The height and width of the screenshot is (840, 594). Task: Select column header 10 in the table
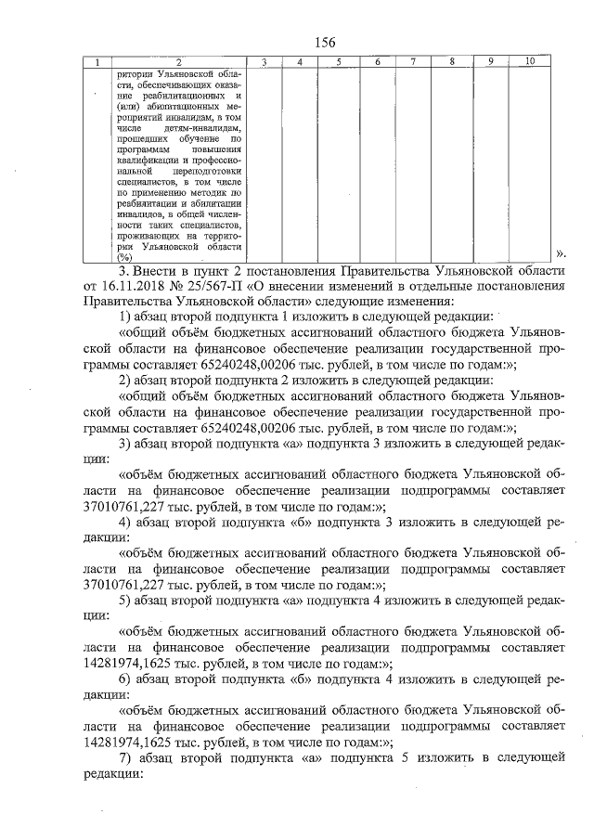(528, 62)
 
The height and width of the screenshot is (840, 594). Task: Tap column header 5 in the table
(339, 62)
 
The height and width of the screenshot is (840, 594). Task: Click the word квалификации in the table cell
(144, 160)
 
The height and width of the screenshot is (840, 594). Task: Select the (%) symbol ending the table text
(125, 258)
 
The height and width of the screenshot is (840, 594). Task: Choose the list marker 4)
(130, 523)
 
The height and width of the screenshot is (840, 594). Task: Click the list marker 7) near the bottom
(130, 759)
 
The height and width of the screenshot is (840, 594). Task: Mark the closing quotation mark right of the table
(560, 252)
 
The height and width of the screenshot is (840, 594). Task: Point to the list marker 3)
(130, 444)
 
